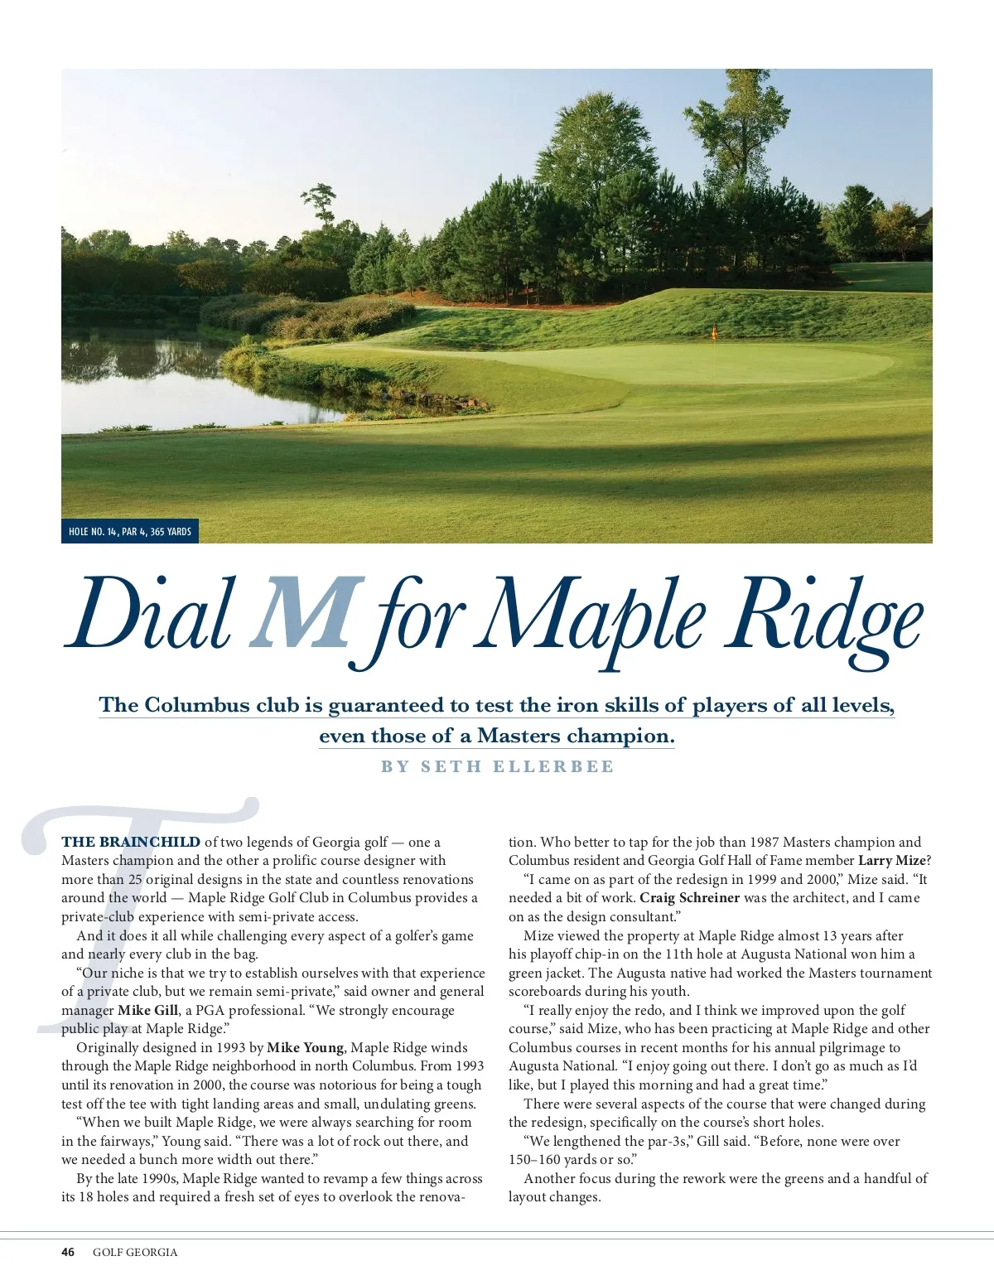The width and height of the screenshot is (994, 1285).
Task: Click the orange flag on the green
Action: pyautogui.click(x=713, y=333)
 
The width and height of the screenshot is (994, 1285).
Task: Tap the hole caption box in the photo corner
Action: pyautogui.click(x=130, y=531)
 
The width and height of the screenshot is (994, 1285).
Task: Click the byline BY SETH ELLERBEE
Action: pyautogui.click(x=498, y=766)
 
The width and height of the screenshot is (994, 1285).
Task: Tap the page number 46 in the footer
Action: pyautogui.click(x=68, y=1252)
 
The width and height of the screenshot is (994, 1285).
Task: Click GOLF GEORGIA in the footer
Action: pyautogui.click(x=135, y=1252)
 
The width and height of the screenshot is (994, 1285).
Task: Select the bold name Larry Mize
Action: pyautogui.click(x=892, y=861)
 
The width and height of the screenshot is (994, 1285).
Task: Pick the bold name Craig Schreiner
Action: pyautogui.click(x=689, y=898)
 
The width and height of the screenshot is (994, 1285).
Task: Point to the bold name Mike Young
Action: pyautogui.click(x=304, y=1048)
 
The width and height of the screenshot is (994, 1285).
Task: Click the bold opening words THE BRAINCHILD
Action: pyautogui.click(x=131, y=842)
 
